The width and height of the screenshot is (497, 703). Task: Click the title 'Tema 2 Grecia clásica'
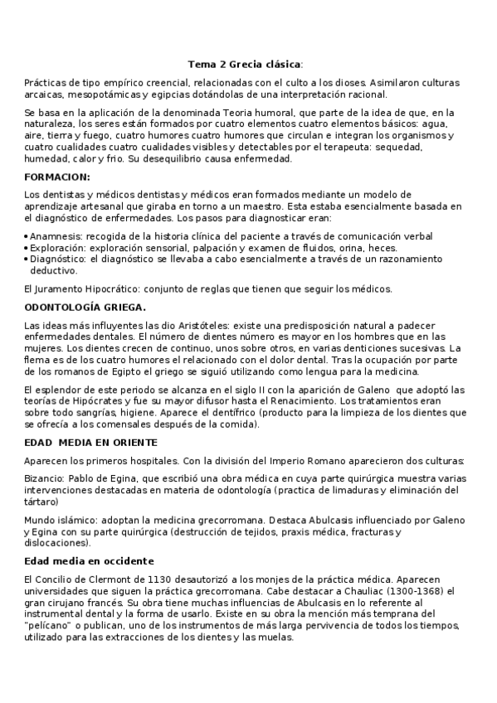tap(245, 64)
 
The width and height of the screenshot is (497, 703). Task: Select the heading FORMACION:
tap(58, 177)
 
